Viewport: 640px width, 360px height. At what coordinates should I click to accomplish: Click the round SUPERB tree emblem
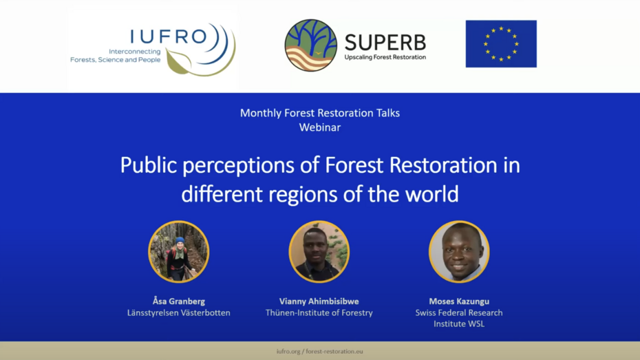point(310,45)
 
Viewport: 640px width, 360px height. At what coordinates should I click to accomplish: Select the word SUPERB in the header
point(385,42)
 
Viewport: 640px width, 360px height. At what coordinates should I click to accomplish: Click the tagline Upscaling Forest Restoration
point(385,57)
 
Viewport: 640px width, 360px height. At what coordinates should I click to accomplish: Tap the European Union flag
point(500,44)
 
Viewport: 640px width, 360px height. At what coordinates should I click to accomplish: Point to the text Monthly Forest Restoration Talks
point(319,113)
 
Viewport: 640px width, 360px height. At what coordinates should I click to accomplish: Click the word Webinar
point(319,127)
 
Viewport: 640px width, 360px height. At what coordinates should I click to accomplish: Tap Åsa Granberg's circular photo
point(179,252)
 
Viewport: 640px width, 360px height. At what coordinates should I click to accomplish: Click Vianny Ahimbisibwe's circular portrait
point(319,252)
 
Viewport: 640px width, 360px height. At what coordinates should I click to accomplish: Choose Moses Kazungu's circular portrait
point(459,252)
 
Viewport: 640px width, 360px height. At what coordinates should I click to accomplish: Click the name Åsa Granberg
point(179,301)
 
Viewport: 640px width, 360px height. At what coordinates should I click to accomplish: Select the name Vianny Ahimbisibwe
point(319,301)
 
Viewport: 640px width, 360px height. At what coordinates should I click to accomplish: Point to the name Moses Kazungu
point(459,301)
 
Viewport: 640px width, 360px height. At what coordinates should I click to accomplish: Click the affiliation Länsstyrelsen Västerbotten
point(179,313)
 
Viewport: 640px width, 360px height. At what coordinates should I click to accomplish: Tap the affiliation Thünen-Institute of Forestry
point(319,313)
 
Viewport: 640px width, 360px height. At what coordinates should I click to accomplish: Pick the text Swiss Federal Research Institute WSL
point(459,318)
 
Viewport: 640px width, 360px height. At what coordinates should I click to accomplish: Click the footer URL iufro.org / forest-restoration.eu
point(319,351)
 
